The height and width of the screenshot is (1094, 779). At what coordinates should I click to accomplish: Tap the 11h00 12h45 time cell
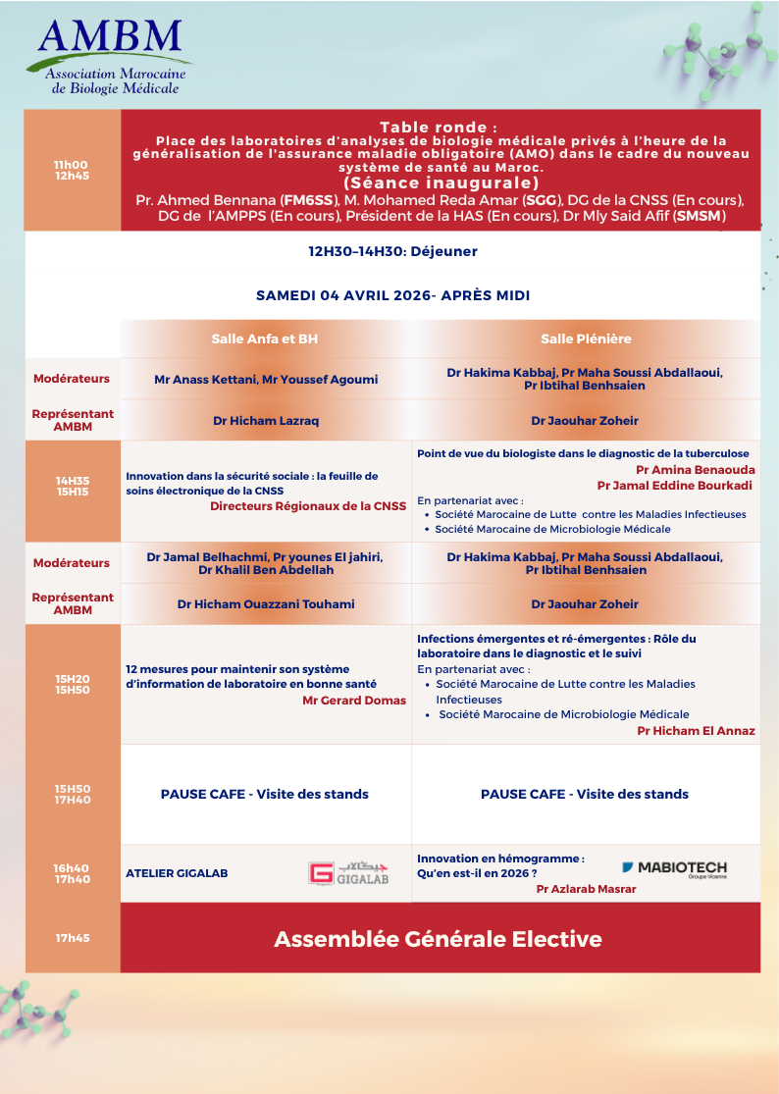72,170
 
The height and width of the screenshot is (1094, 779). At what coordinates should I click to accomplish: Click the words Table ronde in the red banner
439,128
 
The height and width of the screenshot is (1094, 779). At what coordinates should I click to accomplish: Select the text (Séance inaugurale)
441,182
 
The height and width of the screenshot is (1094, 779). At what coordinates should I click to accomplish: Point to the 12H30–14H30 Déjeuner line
392,251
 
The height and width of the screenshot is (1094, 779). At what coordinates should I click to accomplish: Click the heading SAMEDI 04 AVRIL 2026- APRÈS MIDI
392,294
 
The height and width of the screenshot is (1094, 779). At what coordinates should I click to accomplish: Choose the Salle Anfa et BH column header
265,339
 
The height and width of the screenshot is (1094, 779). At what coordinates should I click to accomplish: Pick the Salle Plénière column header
586,339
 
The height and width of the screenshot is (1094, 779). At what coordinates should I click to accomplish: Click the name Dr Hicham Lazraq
266,420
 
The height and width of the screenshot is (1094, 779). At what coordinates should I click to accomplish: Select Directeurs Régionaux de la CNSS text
307,506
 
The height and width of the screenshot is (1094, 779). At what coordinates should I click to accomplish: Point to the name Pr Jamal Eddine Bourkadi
675,485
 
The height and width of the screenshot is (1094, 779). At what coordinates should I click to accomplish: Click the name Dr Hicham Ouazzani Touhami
266,604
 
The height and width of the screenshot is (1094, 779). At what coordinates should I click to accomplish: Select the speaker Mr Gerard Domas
354,701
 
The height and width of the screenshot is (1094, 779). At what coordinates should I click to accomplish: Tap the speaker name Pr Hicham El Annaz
696,731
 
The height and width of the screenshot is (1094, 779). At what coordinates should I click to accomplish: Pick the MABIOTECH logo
674,869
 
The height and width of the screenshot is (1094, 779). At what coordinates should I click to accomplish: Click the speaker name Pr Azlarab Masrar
586,889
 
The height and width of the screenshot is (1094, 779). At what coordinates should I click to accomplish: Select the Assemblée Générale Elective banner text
438,939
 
